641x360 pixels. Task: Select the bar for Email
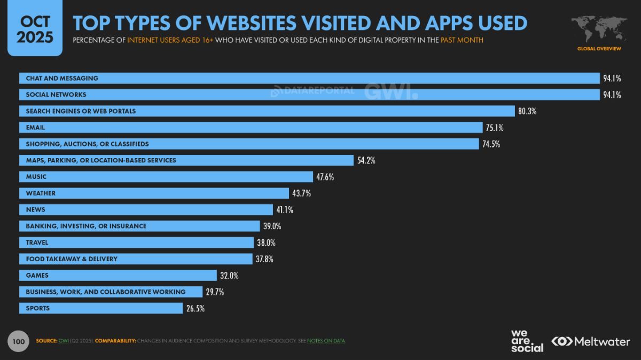tap(251, 128)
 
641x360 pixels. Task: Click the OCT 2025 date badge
tap(34, 29)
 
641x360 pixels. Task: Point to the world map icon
tap(599, 29)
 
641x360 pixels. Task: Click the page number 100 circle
tap(19, 341)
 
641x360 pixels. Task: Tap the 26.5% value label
tap(196, 308)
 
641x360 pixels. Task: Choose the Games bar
tap(118, 276)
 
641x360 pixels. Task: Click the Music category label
tap(36, 177)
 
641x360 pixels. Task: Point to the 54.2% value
tap(366, 160)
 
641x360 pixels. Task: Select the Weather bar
tap(155, 193)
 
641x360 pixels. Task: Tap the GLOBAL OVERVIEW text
tap(599, 49)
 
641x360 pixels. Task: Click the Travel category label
tap(37, 242)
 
